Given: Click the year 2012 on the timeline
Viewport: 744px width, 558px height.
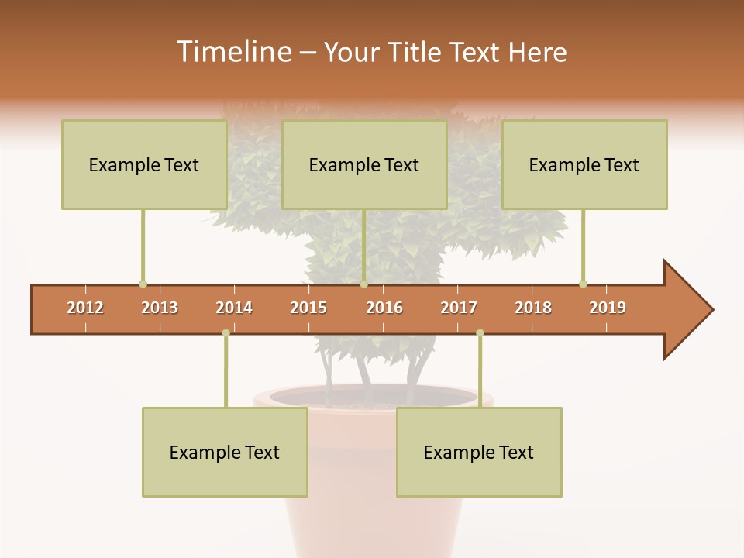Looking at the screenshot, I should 85,308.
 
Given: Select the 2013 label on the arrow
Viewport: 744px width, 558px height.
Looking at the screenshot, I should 160,308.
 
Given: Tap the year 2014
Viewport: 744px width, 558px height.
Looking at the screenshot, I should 234,308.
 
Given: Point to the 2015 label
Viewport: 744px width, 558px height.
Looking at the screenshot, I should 308,308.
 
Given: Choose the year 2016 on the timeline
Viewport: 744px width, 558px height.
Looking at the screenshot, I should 384,308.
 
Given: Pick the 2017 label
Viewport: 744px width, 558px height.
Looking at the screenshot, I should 459,308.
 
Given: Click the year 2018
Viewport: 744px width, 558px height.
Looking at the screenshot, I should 533,308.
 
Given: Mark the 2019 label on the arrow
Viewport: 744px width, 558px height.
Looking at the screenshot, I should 608,308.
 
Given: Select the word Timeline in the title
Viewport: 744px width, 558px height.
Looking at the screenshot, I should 232,52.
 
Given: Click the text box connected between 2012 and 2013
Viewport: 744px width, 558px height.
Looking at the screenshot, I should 144,164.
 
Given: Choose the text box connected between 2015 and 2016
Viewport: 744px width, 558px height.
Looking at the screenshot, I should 364,164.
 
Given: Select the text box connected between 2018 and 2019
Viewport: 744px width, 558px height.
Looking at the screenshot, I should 584,164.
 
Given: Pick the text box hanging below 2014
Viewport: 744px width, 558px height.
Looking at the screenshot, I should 225,452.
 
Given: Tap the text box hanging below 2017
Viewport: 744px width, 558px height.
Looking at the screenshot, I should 479,452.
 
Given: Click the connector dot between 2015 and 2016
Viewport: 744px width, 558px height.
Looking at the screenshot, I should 363,284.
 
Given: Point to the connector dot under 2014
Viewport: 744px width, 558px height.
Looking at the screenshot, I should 226,333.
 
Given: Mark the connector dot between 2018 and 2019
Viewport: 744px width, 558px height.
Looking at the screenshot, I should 583,284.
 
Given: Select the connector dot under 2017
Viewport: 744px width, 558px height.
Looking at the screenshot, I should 480,333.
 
